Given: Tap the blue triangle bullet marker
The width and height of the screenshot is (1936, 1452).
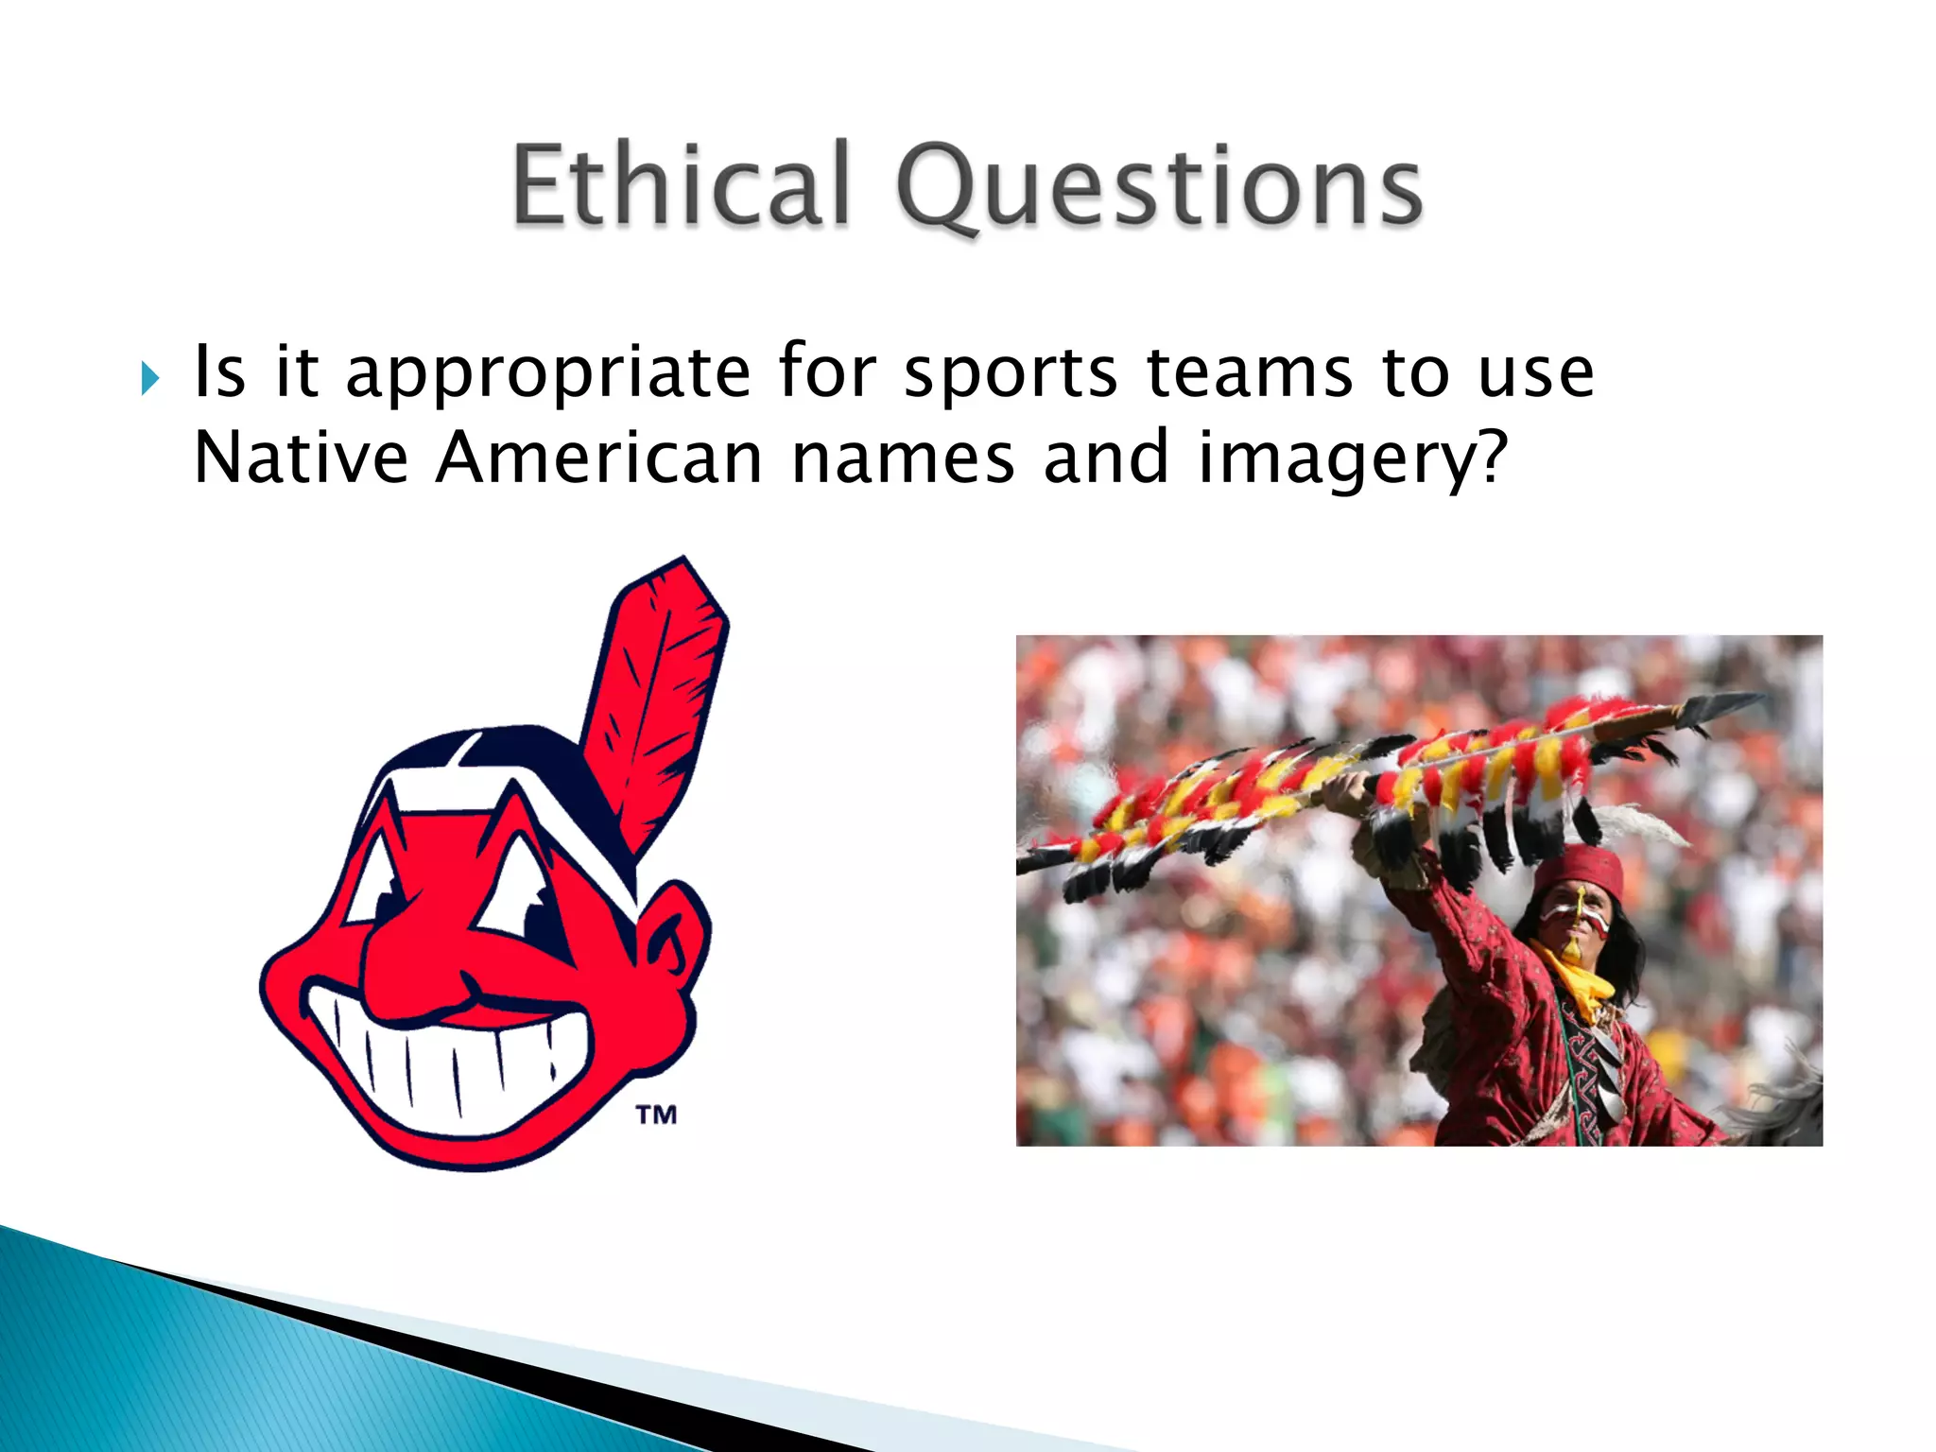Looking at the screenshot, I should (x=150, y=379).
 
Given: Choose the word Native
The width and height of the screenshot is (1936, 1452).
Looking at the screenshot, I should (x=301, y=458).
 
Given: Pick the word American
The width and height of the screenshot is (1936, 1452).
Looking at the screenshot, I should (x=598, y=458).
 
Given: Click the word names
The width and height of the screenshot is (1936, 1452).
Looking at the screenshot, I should (x=903, y=458).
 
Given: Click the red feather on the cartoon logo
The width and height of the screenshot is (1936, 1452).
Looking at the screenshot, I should (x=657, y=690).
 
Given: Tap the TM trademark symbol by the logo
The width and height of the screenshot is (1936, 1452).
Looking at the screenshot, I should (x=656, y=1115).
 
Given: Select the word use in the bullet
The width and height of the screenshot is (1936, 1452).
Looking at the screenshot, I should (x=1536, y=372).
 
